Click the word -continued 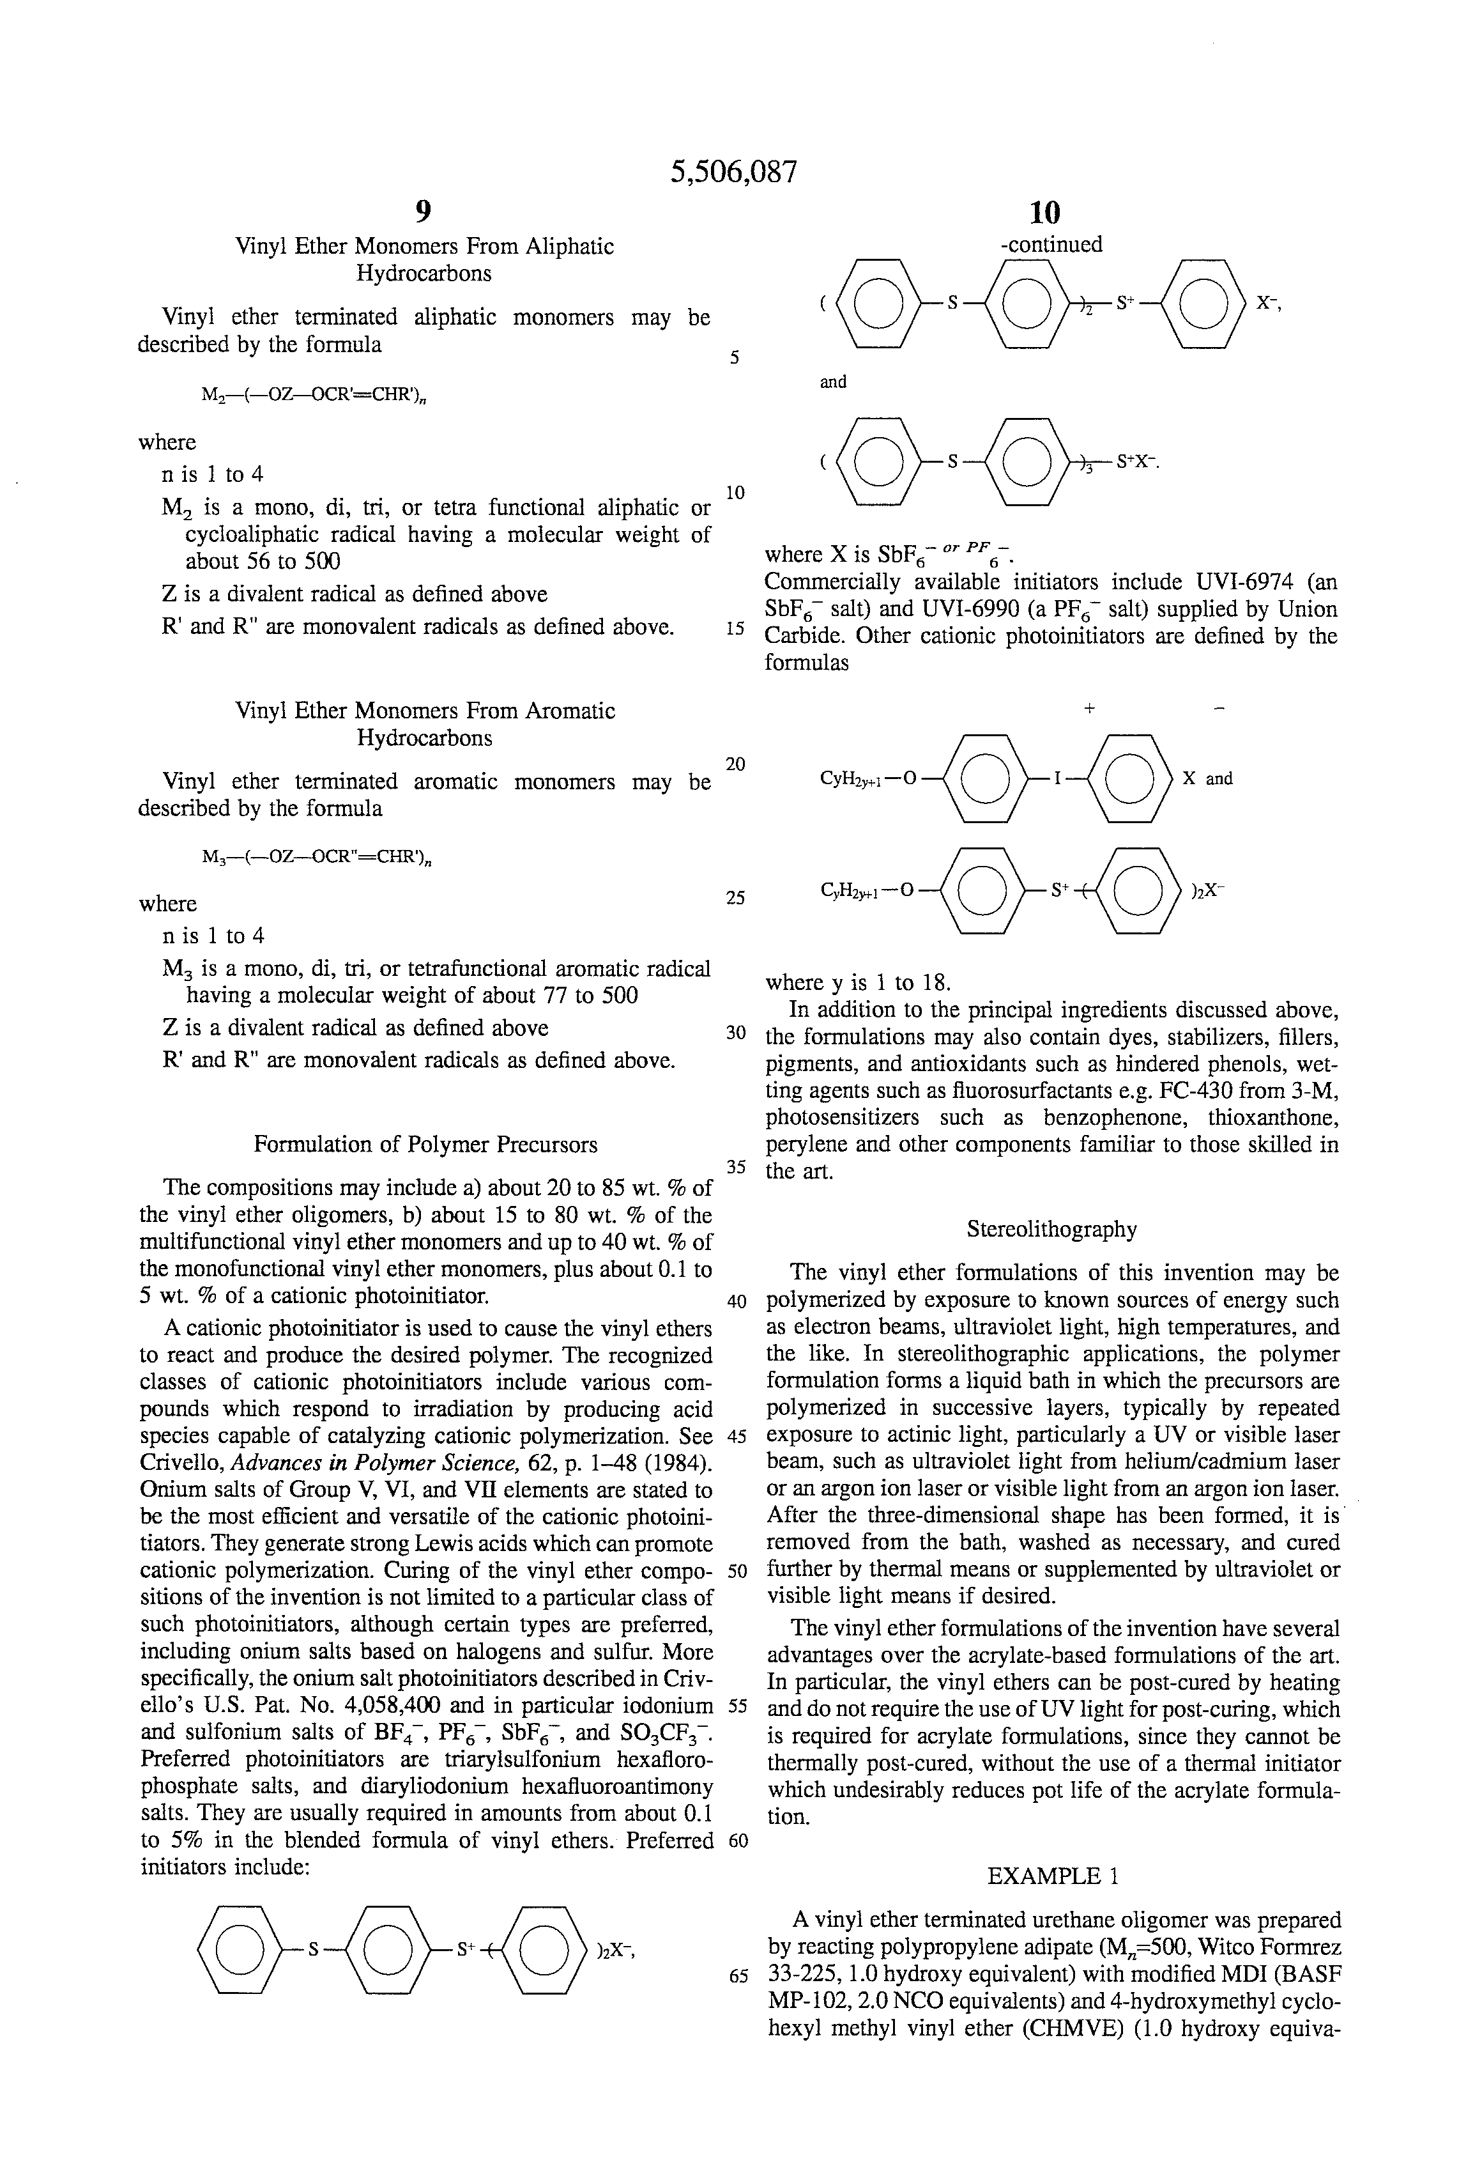click(1051, 245)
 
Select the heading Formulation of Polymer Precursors click(425, 1145)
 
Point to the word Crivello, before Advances click(182, 1463)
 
